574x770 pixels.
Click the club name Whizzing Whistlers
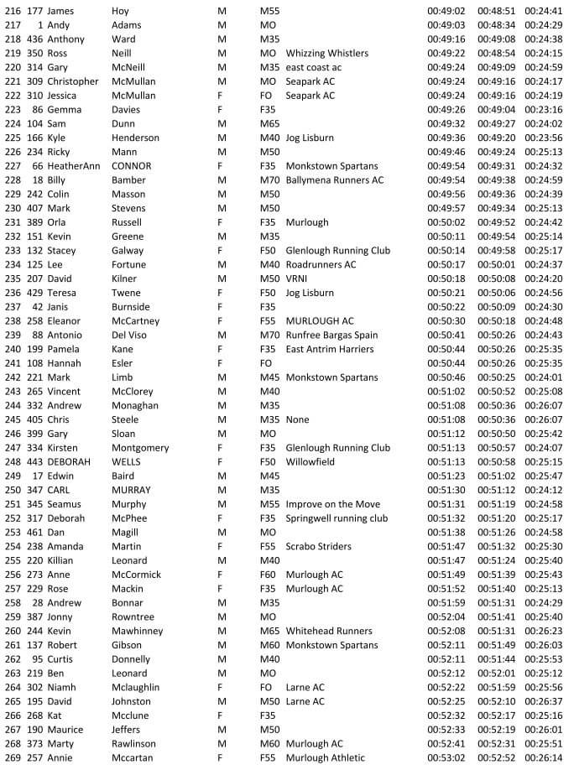328,53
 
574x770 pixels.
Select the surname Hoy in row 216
120,11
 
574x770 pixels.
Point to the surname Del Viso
132,335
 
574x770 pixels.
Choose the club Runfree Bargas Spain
331,335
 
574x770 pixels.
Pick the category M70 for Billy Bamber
269,179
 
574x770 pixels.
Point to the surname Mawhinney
138,631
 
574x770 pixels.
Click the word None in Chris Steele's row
297,419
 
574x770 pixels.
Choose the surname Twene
127,293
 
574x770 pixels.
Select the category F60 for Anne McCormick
269,575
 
